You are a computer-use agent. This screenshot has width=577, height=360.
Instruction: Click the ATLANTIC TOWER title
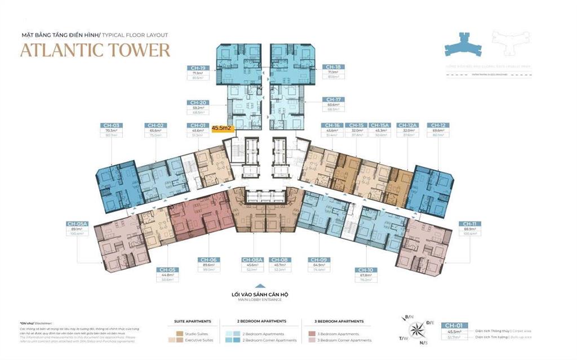pyautogui.click(x=95, y=50)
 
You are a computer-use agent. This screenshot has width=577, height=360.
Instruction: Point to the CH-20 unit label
pyautogui.click(x=198, y=103)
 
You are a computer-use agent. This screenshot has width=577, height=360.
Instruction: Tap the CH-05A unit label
pyautogui.click(x=78, y=223)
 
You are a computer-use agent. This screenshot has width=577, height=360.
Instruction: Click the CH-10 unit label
pyautogui.click(x=363, y=270)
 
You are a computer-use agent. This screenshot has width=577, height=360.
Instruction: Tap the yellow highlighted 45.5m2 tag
pyautogui.click(x=222, y=128)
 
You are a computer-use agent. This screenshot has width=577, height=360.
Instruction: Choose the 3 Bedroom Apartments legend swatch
pyautogui.click(x=312, y=334)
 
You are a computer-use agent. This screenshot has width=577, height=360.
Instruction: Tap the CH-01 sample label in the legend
pyautogui.click(x=454, y=325)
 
